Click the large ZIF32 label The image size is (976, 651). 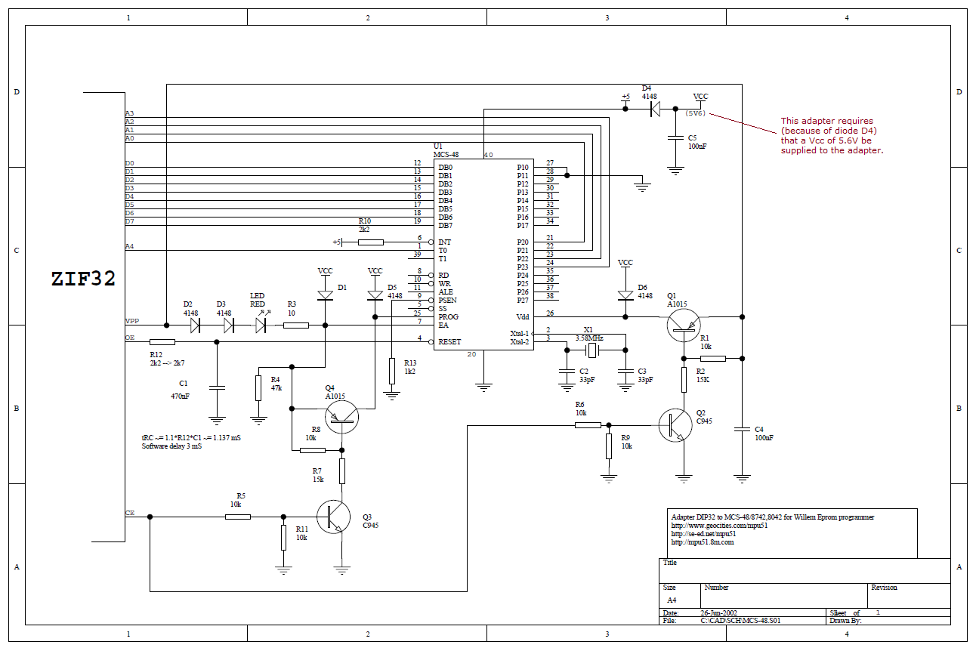(83, 279)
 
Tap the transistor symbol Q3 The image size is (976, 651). (334, 517)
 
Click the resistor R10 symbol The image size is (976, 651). (371, 242)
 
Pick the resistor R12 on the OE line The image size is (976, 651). (162, 342)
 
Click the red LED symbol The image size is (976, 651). (261, 325)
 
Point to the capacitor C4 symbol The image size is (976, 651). (742, 430)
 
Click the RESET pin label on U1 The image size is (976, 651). (451, 342)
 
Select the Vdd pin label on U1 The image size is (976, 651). (522, 317)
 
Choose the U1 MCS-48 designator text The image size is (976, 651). (446, 150)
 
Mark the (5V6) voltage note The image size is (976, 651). (695, 113)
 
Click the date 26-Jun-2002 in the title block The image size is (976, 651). (719, 612)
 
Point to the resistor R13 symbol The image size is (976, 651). (392, 371)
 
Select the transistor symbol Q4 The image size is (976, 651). (341, 415)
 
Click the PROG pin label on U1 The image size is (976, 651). (449, 317)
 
